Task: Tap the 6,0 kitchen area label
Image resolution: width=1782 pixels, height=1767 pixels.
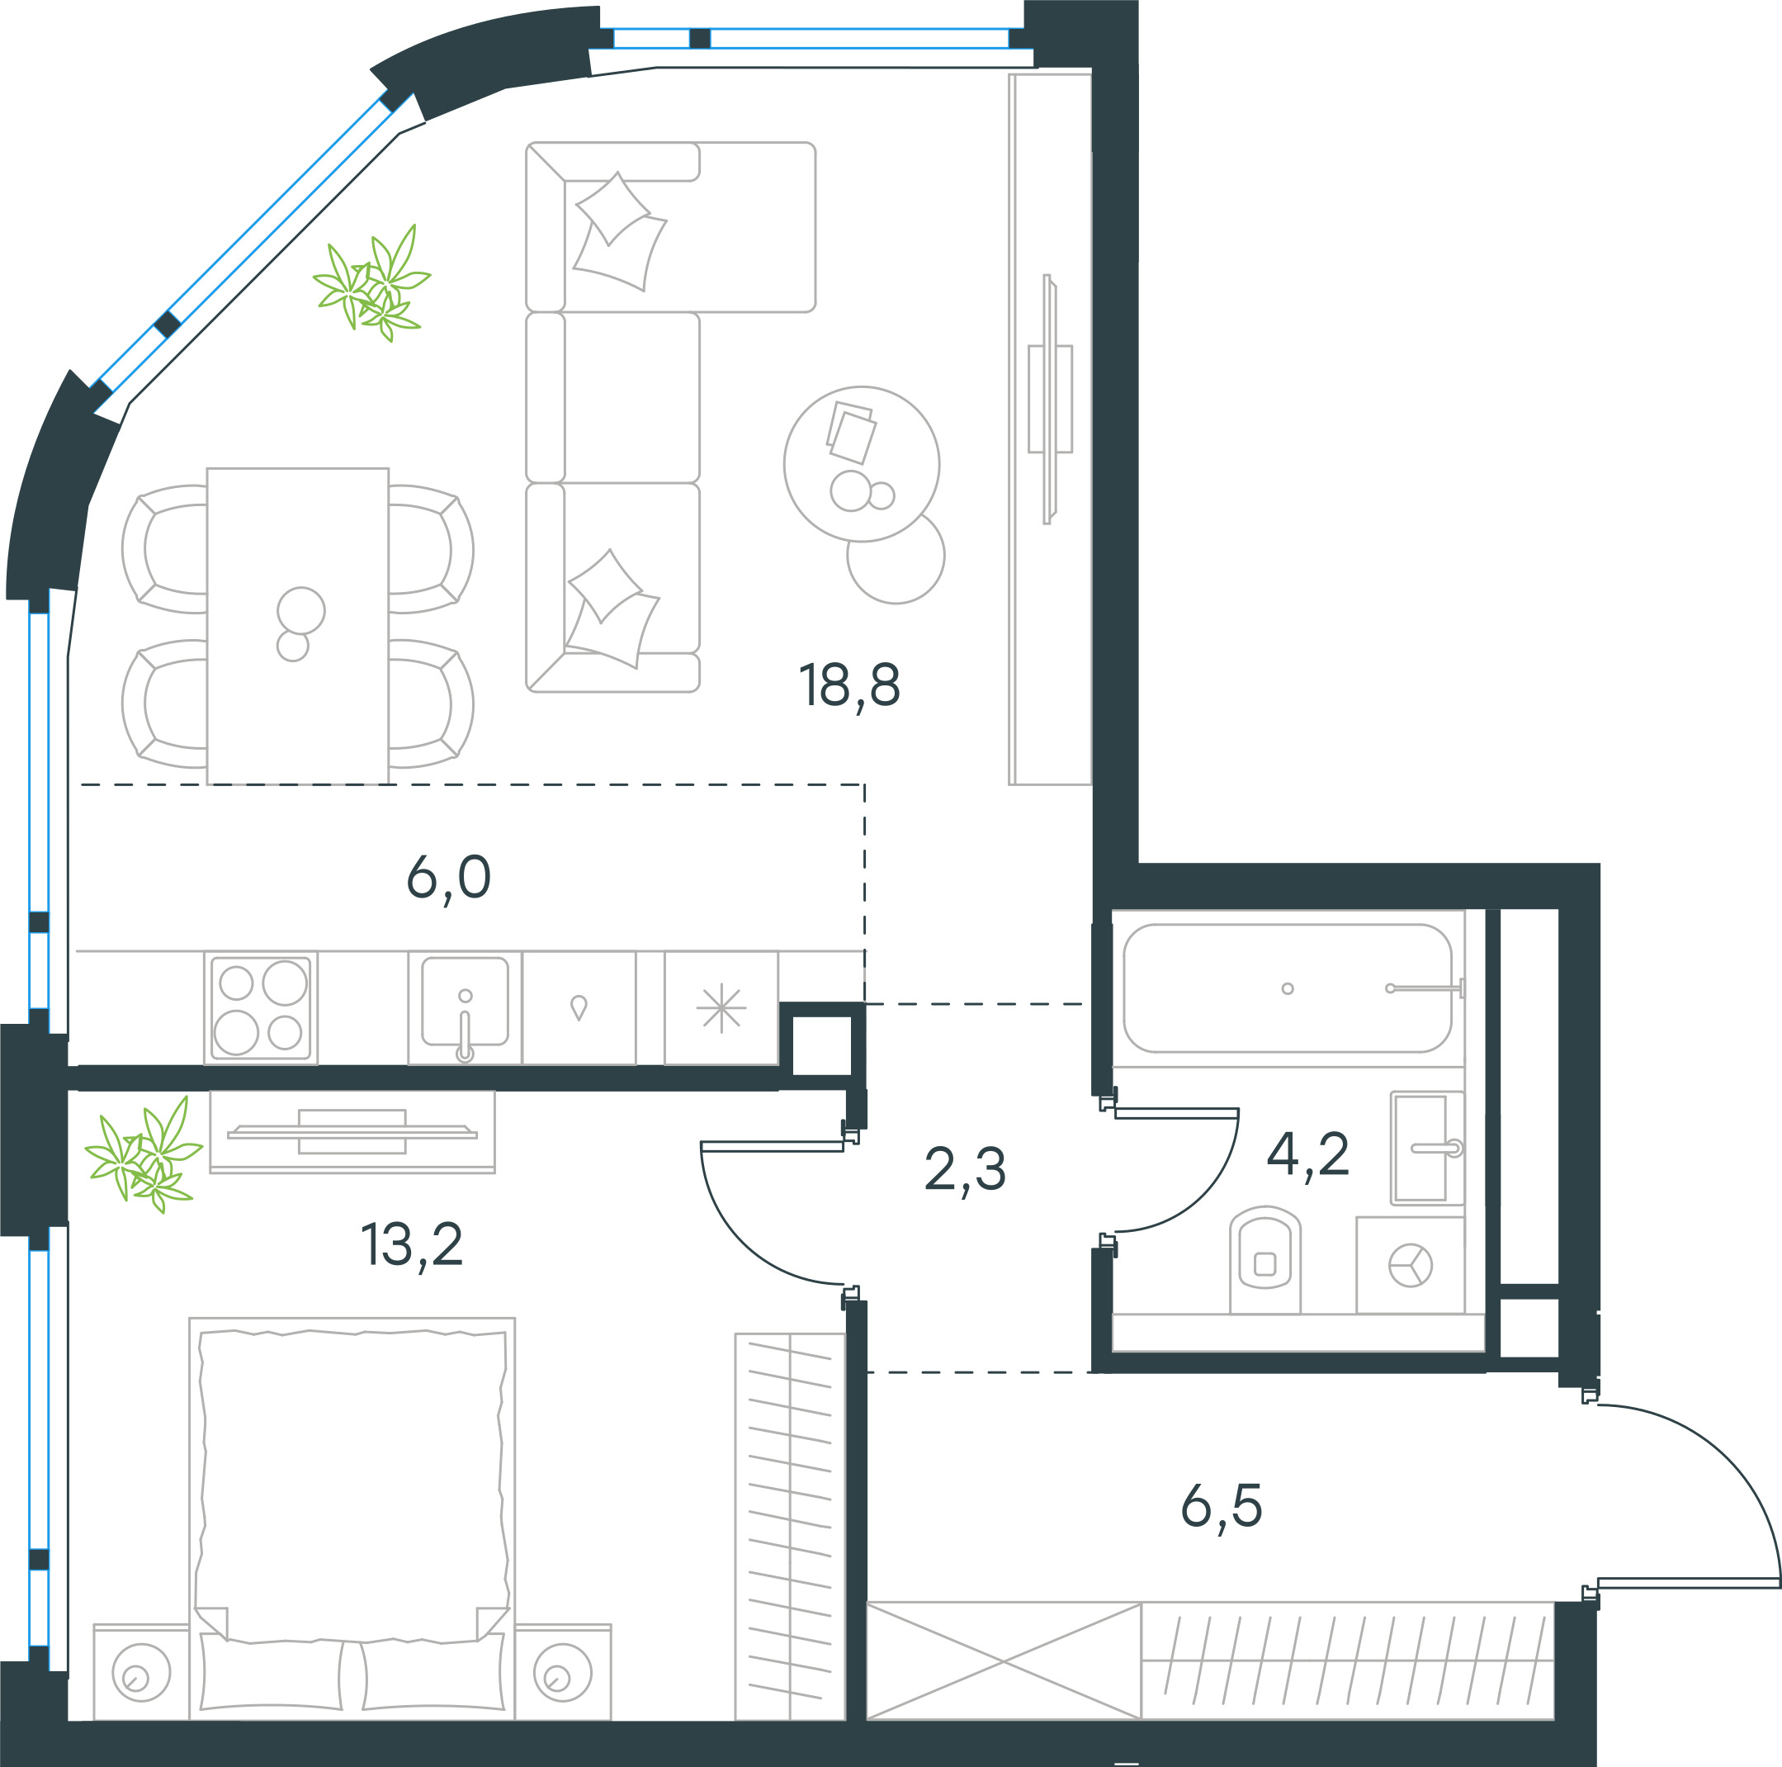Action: (x=448, y=878)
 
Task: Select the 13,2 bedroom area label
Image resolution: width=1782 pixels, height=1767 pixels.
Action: (x=411, y=1244)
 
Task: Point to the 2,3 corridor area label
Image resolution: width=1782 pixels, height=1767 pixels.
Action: (x=965, y=1170)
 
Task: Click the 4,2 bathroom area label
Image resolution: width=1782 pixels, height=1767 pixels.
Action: (x=1308, y=1154)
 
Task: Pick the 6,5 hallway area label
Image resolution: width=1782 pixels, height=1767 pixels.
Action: (x=1222, y=1507)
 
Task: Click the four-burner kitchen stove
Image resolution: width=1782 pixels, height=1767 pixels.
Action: (x=261, y=1007)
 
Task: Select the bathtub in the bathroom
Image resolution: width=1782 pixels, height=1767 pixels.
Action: (x=1288, y=988)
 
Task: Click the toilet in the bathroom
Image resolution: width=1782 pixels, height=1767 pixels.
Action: (x=1264, y=1260)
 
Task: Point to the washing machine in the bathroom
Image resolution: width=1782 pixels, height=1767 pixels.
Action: (x=1411, y=1265)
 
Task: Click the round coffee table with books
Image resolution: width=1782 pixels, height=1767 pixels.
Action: (x=862, y=464)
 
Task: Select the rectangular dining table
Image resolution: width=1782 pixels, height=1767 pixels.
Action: (x=297, y=627)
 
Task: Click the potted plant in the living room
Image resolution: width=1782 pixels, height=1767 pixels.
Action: (x=371, y=282)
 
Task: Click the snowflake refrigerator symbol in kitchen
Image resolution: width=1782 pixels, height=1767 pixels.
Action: (x=721, y=1007)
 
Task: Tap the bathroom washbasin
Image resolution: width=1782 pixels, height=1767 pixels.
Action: (x=1427, y=1149)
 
